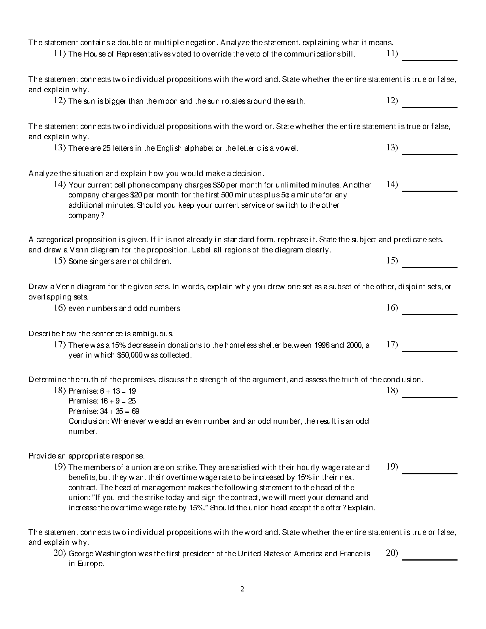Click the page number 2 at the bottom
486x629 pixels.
[242, 589]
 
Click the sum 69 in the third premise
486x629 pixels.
[135, 411]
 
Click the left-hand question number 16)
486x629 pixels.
[60, 308]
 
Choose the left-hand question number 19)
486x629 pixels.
[60, 467]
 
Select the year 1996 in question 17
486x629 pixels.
[321, 345]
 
